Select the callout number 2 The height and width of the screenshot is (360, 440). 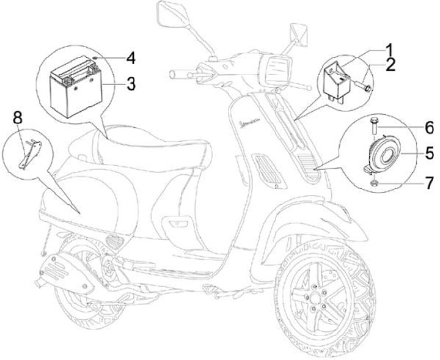click(x=390, y=64)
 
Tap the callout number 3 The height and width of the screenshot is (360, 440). click(x=131, y=84)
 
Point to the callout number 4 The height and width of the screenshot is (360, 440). click(x=130, y=59)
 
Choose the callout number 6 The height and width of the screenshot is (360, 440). click(x=429, y=128)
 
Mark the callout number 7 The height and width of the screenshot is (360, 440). click(x=429, y=182)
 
